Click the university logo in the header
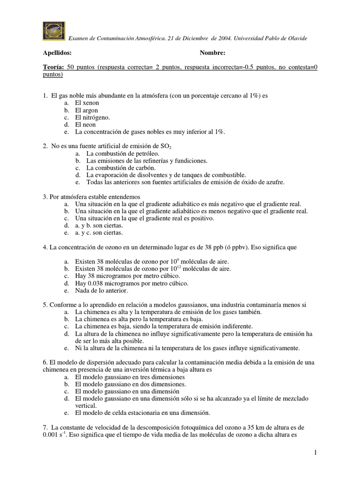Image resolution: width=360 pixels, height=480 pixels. [x=54, y=31]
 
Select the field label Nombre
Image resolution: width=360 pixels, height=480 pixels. [x=212, y=52]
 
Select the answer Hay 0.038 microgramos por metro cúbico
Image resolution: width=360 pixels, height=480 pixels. [x=132, y=283]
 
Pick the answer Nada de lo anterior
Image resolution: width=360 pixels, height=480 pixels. [x=101, y=290]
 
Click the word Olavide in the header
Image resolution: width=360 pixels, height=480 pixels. [x=297, y=38]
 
